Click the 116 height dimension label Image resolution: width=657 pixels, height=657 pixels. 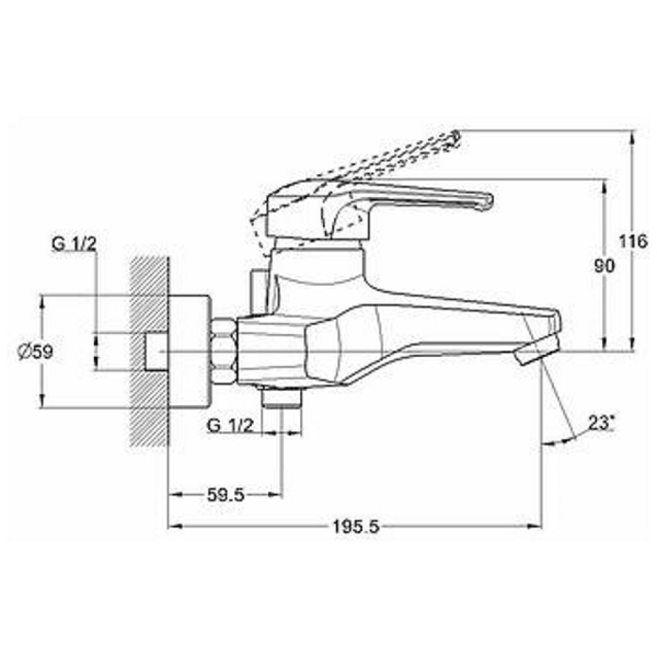(x=633, y=242)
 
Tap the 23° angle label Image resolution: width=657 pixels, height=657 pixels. (x=599, y=423)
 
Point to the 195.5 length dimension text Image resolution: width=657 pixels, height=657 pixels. (x=356, y=527)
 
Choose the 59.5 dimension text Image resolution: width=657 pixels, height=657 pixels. (x=226, y=496)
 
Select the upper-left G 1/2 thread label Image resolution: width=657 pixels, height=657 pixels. (x=74, y=245)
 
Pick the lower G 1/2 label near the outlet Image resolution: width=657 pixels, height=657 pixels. (x=231, y=426)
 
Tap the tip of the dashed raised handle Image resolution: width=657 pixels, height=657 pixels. (x=457, y=137)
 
